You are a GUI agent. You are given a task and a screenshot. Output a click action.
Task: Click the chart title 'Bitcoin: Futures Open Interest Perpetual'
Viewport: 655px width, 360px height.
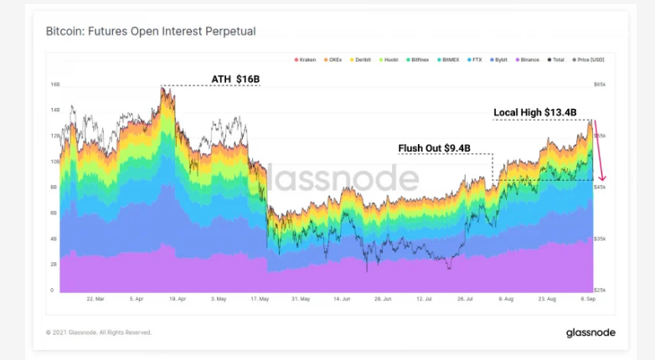151,32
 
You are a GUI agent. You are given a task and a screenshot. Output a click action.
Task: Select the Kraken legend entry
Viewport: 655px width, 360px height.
307,59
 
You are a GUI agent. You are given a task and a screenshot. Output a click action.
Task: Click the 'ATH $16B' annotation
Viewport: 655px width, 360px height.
235,80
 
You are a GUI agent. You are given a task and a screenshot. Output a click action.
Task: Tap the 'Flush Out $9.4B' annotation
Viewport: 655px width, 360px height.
434,148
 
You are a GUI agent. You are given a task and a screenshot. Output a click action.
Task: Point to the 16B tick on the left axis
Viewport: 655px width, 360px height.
54,85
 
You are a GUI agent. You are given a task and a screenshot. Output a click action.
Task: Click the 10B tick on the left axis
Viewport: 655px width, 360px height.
54,162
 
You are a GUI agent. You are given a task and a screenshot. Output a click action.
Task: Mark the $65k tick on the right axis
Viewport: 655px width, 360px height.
600,85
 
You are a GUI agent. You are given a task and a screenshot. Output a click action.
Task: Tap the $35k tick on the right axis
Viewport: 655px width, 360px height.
600,239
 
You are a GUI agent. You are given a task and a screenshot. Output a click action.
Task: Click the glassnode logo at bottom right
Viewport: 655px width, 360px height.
585,332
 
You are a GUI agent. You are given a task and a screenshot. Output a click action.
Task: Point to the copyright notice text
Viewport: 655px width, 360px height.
99,332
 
